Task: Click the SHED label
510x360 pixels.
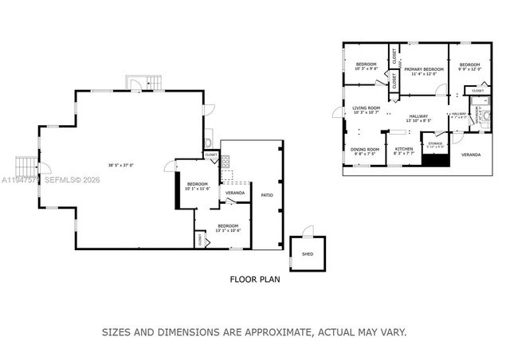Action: [308, 254]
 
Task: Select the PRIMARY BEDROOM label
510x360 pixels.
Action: [423, 69]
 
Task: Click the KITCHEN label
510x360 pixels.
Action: [404, 149]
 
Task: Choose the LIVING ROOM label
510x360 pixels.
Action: [367, 108]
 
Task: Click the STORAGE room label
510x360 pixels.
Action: [435, 144]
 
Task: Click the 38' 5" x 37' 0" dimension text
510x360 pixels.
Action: [121, 166]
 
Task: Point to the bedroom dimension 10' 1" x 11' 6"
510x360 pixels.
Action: [196, 190]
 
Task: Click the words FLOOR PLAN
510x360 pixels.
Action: [254, 280]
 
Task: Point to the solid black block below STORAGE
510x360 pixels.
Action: [435, 159]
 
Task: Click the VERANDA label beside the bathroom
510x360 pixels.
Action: [471, 155]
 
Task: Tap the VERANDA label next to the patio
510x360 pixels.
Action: [234, 193]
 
